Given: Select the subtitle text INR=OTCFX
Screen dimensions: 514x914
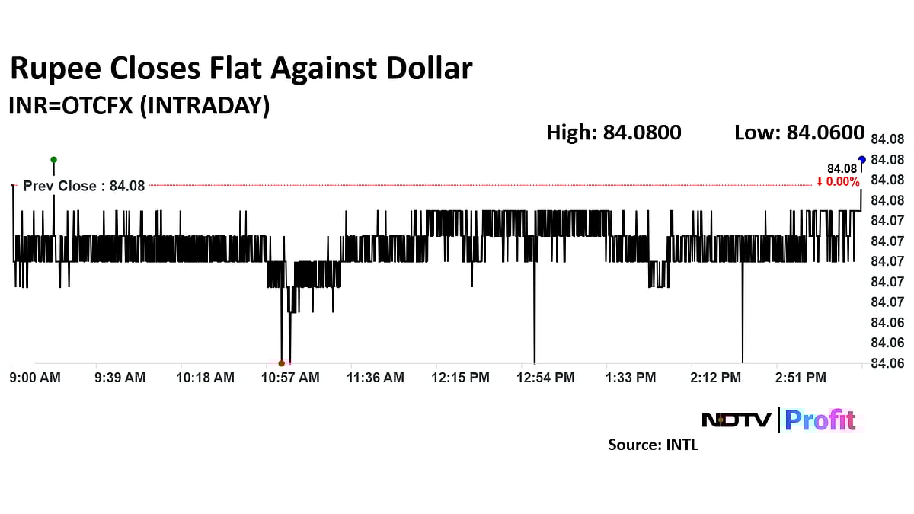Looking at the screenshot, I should tap(73, 106).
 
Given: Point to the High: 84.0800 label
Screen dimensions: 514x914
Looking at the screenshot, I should tap(613, 132).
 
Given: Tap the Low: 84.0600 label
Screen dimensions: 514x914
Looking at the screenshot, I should tap(799, 132).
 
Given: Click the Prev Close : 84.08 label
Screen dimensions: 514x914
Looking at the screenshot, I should tap(84, 186).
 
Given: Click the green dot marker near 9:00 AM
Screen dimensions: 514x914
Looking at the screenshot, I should tap(53, 160).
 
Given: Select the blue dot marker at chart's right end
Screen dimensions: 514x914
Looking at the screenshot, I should tap(862, 159).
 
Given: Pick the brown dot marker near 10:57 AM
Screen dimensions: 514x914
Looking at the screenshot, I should tap(282, 363).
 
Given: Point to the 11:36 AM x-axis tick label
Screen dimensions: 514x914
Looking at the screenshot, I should tap(376, 378).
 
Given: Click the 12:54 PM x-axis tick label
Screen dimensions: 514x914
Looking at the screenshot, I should tap(548, 378).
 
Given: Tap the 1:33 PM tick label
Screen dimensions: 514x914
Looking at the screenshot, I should tap(630, 378).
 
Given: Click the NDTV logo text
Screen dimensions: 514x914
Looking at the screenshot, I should tap(737, 420).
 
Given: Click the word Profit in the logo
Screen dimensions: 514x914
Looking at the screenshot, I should tap(820, 420).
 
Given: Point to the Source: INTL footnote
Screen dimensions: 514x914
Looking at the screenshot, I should tap(653, 445).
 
